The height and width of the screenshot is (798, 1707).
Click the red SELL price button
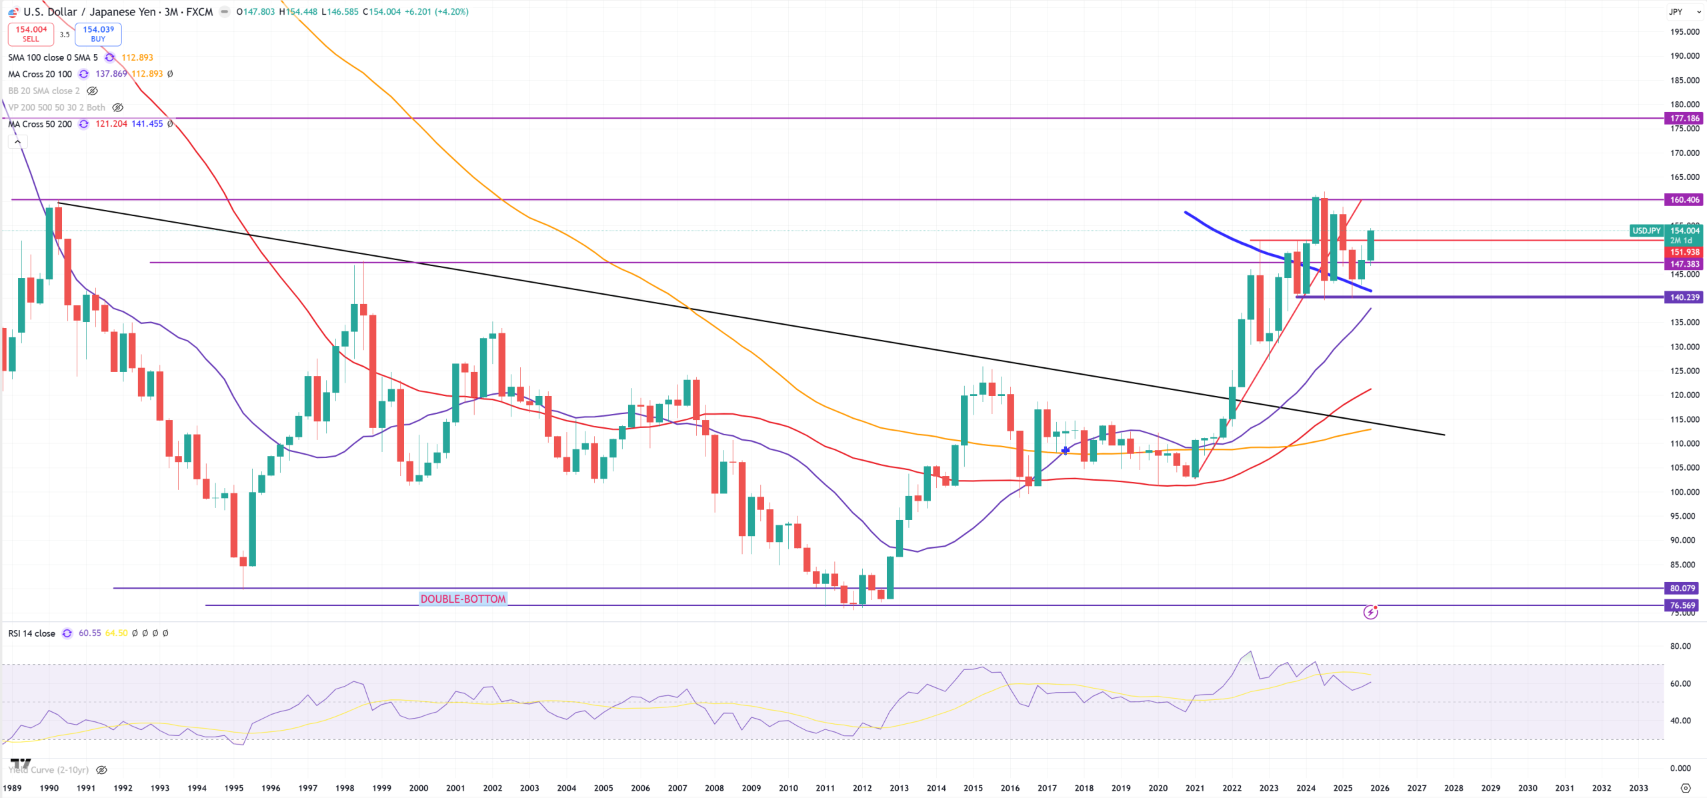pyautogui.click(x=31, y=33)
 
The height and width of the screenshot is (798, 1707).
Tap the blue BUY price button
pyautogui.click(x=98, y=33)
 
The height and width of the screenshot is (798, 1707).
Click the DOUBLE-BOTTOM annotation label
pyautogui.click(x=463, y=599)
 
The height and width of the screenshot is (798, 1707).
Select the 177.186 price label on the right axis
pyautogui.click(x=1684, y=118)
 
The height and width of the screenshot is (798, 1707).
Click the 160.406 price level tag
pyautogui.click(x=1684, y=199)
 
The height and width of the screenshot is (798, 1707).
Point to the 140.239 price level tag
pyautogui.click(x=1684, y=297)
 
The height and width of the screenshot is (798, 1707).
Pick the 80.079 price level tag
pyautogui.click(x=1682, y=588)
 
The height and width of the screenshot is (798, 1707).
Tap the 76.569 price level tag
pyautogui.click(x=1682, y=605)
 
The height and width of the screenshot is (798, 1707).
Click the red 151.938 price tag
pyautogui.click(x=1684, y=252)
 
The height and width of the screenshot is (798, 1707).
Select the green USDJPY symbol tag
pyautogui.click(x=1646, y=231)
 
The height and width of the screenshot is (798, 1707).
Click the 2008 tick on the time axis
pyautogui.click(x=714, y=788)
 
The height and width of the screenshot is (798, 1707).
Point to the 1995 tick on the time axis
pyautogui.click(x=233, y=788)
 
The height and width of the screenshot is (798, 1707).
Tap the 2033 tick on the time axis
pyautogui.click(x=1638, y=788)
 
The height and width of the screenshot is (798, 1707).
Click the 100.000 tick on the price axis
pyautogui.click(x=1684, y=492)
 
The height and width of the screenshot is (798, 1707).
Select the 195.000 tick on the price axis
pyautogui.click(x=1684, y=32)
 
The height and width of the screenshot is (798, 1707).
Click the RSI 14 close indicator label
pyautogui.click(x=31, y=633)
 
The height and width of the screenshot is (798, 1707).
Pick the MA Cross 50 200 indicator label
pyautogui.click(x=40, y=124)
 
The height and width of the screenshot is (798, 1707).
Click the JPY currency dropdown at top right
pyautogui.click(x=1684, y=12)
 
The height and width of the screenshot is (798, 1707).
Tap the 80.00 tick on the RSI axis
pyautogui.click(x=1680, y=646)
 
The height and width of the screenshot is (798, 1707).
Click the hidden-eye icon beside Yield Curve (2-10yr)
pyautogui.click(x=101, y=770)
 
